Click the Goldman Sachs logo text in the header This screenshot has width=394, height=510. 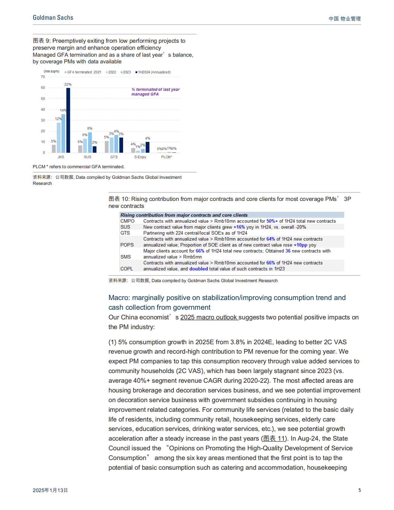click(53, 18)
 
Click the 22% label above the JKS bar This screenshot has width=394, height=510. click(68, 85)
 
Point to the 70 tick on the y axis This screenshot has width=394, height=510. click(43, 77)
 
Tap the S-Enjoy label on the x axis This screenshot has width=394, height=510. click(140, 157)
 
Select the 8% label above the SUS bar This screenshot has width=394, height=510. click(90, 128)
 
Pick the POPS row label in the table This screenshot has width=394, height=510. click(127, 245)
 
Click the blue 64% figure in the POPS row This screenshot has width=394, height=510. click(271, 239)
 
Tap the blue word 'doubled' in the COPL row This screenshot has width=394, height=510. click(199, 269)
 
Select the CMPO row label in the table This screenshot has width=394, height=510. click(127, 221)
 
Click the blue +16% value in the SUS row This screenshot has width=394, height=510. click(239, 227)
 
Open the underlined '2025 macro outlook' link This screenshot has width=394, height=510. click(209, 317)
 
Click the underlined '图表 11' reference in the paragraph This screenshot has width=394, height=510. click(274, 438)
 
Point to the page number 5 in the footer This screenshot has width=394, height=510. click(359, 490)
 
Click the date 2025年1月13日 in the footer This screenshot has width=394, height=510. click(50, 490)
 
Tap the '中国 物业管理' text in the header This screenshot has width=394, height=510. click(345, 19)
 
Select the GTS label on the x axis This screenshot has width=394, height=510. click(114, 157)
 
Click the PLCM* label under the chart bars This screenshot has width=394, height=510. click(167, 157)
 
